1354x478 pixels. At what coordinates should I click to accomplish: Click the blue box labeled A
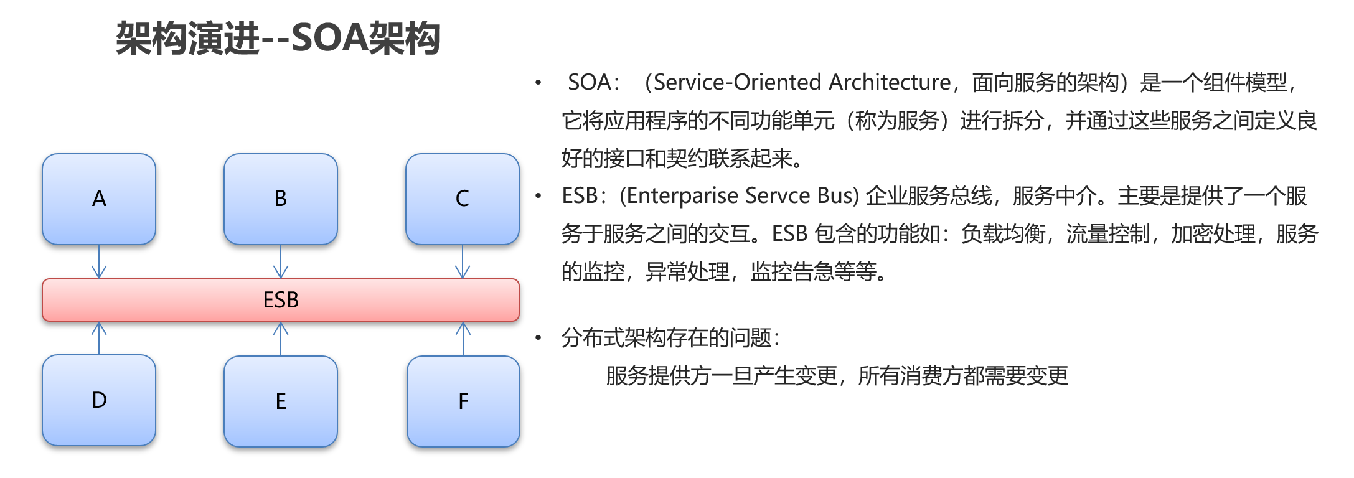click(x=99, y=199)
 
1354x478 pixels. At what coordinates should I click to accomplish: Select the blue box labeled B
click(x=281, y=199)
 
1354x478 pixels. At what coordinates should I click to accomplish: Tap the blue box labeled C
click(x=463, y=199)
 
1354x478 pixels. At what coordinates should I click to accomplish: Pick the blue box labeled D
click(x=99, y=400)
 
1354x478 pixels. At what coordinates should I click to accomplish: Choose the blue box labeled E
click(x=281, y=401)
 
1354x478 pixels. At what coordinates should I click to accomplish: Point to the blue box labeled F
click(x=463, y=401)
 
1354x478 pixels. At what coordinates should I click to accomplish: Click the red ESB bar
click(x=281, y=300)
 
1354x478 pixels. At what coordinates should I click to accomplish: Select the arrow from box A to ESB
click(x=99, y=261)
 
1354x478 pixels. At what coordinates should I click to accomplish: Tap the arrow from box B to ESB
click(x=281, y=261)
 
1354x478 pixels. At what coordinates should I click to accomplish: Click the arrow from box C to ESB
click(x=463, y=261)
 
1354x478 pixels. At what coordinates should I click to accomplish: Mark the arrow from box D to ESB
click(x=99, y=338)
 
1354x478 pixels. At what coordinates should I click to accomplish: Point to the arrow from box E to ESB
click(x=281, y=339)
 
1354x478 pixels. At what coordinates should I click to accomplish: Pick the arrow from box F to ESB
click(x=463, y=339)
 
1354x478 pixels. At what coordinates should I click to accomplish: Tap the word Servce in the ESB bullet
click(x=778, y=196)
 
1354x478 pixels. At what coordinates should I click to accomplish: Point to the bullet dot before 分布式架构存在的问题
click(x=538, y=338)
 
